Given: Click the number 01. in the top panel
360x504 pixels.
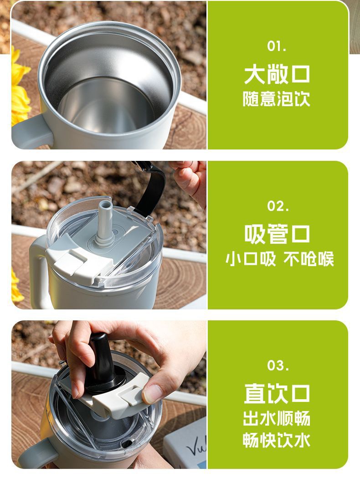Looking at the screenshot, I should tap(277, 46).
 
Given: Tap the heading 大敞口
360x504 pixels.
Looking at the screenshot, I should tap(277, 74).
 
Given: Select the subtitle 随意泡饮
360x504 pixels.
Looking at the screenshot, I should tap(277, 99).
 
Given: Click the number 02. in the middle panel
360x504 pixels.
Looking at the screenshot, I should tap(278, 206).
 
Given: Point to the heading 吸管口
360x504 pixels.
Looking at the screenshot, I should tap(277, 235).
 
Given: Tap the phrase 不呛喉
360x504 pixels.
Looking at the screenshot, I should tap(309, 259).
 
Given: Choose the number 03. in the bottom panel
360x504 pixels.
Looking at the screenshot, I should tap(278, 365).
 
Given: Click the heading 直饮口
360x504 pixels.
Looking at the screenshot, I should tap(277, 393).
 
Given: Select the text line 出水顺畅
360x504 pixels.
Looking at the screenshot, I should tap(277, 418).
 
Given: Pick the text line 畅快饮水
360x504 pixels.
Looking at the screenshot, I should tap(277, 441).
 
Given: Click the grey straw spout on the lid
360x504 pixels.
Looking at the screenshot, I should tap(104, 223).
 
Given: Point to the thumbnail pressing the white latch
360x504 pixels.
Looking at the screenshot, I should tap(153, 393).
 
